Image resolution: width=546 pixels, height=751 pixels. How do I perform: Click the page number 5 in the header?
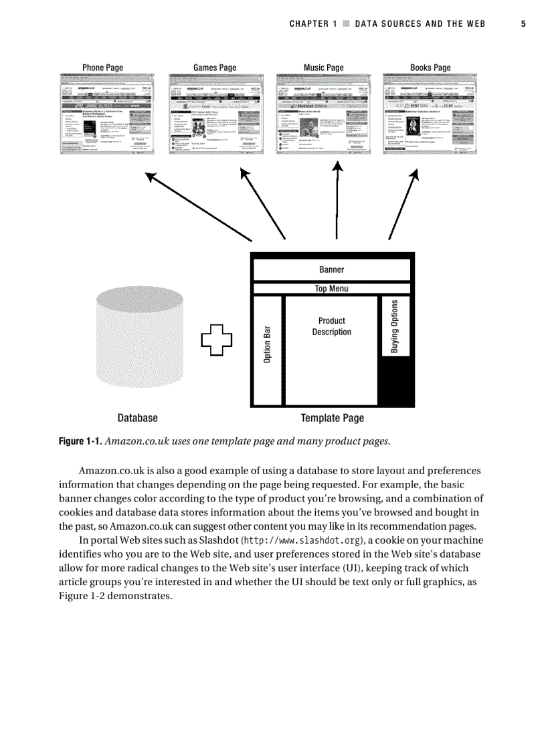pyautogui.click(x=523, y=24)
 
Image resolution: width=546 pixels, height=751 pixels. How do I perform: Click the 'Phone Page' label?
pyautogui.click(x=102, y=68)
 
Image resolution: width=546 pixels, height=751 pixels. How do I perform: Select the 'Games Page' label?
pyautogui.click(x=215, y=68)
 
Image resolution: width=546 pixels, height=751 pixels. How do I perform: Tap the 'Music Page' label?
pyautogui.click(x=323, y=68)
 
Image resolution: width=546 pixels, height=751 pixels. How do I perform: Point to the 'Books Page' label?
pyautogui.click(x=430, y=68)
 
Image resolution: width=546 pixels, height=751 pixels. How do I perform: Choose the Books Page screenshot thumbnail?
pyautogui.click(x=430, y=114)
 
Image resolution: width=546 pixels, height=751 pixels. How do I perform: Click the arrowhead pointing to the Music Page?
pyautogui.click(x=338, y=167)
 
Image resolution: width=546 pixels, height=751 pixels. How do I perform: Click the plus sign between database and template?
pyautogui.click(x=217, y=340)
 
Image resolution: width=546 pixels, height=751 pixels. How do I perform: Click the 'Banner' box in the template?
pyautogui.click(x=331, y=270)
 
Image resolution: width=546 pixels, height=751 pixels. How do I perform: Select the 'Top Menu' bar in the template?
pyautogui.click(x=331, y=289)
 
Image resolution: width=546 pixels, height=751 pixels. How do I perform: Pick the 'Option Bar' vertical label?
pyautogui.click(x=268, y=344)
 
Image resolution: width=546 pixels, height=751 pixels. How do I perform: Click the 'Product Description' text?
pyautogui.click(x=331, y=326)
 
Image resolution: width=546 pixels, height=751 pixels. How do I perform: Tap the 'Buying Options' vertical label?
pyautogui.click(x=395, y=326)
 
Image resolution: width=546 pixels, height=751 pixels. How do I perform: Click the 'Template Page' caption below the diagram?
pyautogui.click(x=332, y=418)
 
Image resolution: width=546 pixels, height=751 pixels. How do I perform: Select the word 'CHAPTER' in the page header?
pyautogui.click(x=310, y=24)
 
